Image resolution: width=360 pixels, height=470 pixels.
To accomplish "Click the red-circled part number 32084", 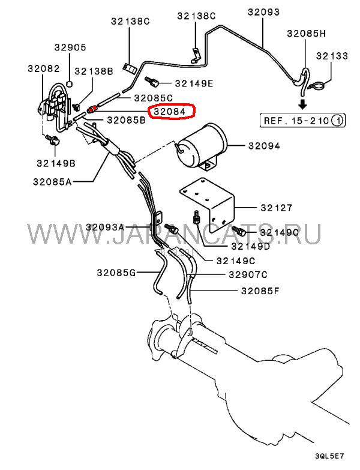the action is pos(170,112).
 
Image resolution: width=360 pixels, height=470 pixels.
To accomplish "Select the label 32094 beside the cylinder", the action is pos(264,146).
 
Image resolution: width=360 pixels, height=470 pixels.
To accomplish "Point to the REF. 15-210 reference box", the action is pos(302,121).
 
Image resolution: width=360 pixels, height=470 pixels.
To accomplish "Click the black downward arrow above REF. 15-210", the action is pos(303,104).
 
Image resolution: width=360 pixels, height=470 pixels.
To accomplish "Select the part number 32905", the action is pos(70,47).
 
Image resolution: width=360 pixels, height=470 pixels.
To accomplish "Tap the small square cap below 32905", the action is pos(70,83).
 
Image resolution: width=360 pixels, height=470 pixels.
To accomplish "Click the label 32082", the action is pos(44,68).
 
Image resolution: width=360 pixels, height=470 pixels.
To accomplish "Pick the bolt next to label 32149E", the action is pos(151,82).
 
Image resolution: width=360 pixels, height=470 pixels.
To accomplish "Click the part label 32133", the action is pos(332,56).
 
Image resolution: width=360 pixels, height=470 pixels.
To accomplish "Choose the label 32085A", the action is pos(52,182).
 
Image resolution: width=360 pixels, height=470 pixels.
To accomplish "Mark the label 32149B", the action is pos(56,163).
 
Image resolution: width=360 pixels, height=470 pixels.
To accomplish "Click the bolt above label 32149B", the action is pos(53,140).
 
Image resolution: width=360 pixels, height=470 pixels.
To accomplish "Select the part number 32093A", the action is pos(105,227).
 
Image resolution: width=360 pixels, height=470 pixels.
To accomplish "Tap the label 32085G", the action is pos(116,273).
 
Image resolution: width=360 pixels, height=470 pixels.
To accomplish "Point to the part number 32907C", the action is pos(248,274).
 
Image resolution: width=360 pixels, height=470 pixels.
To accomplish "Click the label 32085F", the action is pos(260,291).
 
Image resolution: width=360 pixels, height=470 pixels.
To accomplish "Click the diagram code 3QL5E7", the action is pos(329,457).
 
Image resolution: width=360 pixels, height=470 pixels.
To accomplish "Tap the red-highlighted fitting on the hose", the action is pos(92,109).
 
